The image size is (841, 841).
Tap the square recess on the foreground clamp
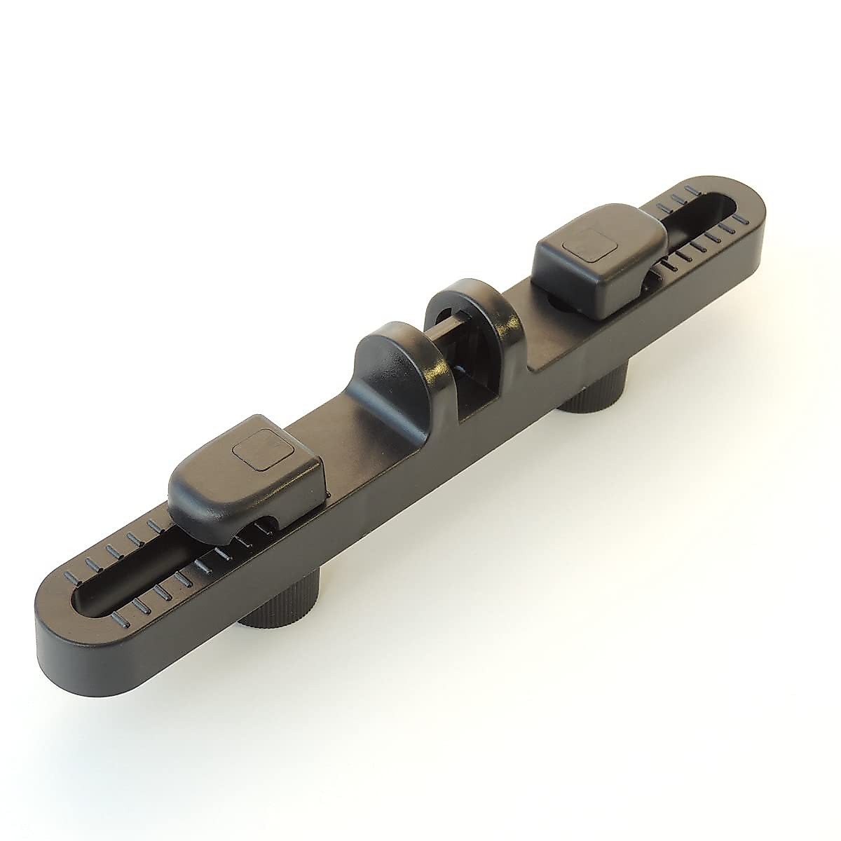[x=256, y=451]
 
